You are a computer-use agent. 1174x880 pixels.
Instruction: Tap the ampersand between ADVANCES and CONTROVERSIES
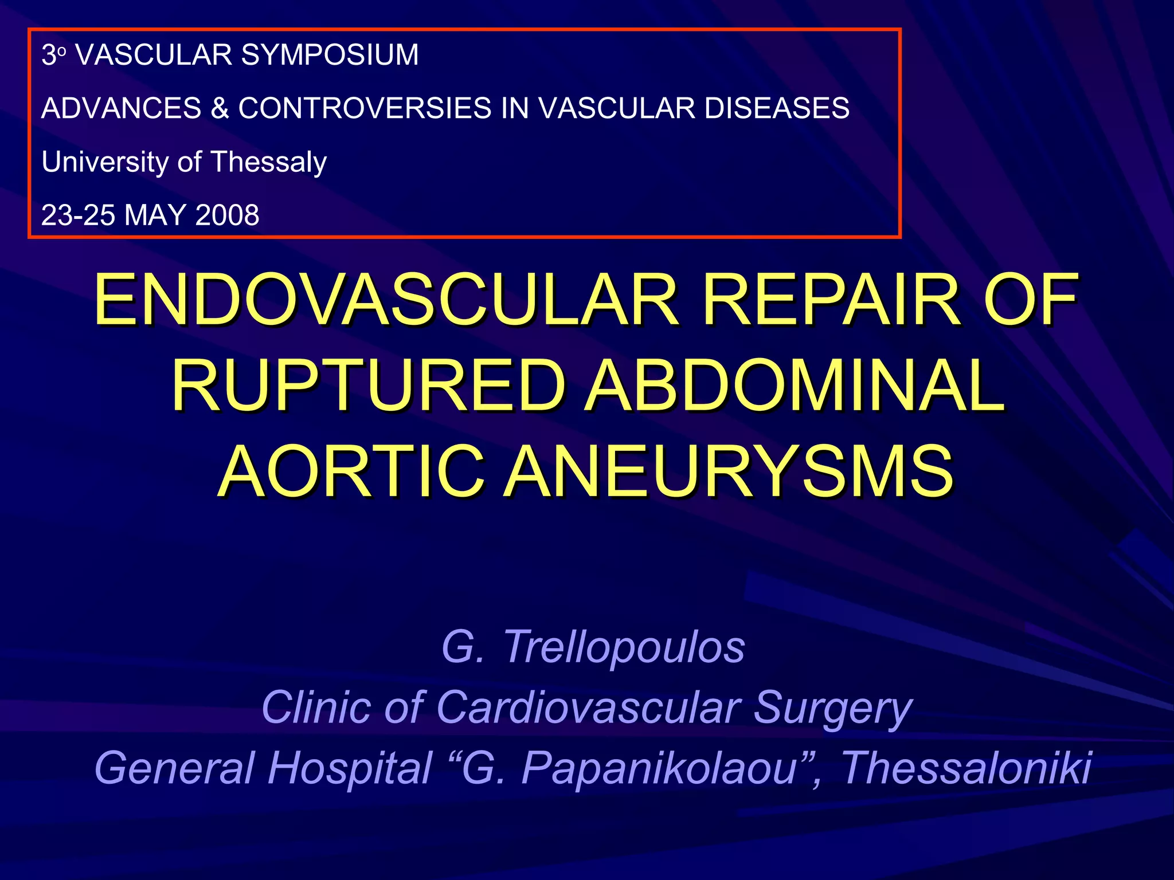click(x=220, y=108)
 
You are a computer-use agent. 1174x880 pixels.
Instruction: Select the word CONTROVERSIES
click(x=365, y=108)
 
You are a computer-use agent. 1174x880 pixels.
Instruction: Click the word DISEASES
click(x=777, y=108)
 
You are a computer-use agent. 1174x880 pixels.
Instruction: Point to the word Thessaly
click(x=269, y=162)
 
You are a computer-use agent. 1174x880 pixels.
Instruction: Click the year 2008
click(x=227, y=215)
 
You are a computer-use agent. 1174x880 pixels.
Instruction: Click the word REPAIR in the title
click(x=831, y=300)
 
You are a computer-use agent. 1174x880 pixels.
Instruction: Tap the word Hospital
click(x=350, y=768)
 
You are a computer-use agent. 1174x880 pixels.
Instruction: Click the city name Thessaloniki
click(x=966, y=768)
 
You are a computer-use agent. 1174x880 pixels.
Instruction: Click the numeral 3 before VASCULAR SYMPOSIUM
click(x=49, y=56)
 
